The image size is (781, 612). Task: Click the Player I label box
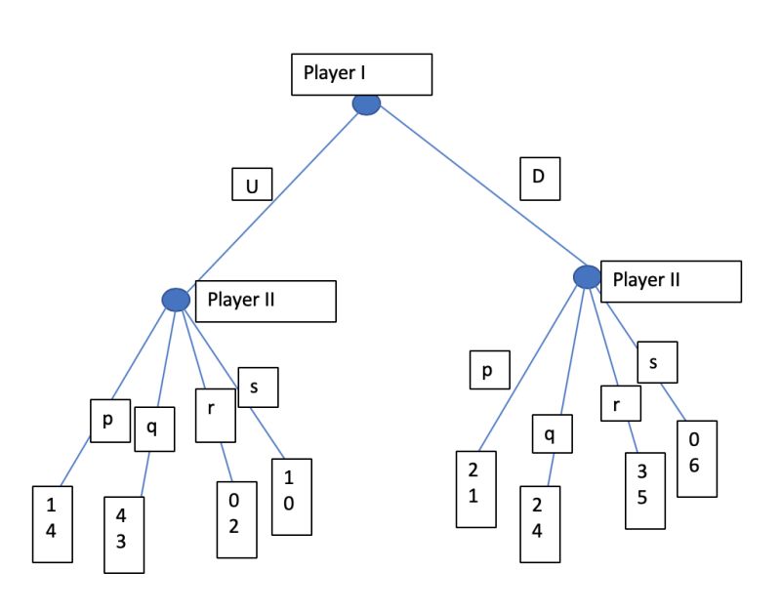tap(361, 75)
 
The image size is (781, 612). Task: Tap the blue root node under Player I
tap(366, 104)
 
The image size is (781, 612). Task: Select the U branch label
tap(251, 184)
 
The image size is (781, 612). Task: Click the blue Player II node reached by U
tap(176, 300)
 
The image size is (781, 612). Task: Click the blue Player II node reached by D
tap(588, 277)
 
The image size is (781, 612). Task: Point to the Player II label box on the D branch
tap(671, 281)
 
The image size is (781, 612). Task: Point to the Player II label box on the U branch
tap(266, 301)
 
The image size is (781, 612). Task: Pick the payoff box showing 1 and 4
tap(53, 523)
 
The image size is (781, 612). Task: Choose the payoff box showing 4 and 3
tap(124, 534)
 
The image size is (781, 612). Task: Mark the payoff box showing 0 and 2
tap(236, 518)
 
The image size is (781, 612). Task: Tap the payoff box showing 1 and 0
tap(291, 496)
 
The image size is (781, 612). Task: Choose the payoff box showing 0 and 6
tap(695, 459)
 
